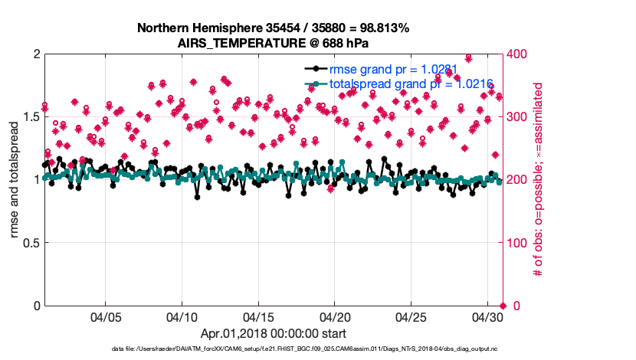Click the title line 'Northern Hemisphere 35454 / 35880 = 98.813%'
click(x=273, y=28)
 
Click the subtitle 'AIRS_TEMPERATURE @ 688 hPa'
click(x=273, y=43)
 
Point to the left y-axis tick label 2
click(x=36, y=54)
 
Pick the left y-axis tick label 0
click(x=36, y=306)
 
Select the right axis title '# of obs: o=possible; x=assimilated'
click(x=538, y=180)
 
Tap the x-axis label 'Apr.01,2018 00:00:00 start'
click(x=273, y=333)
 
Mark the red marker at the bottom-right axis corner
click(x=502, y=306)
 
